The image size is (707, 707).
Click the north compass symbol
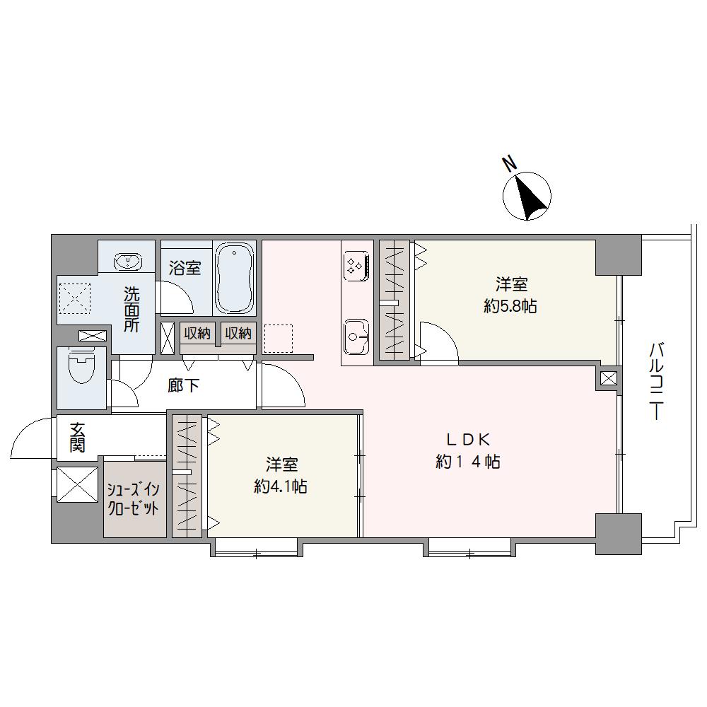[527, 196]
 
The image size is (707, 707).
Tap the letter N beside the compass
[510, 163]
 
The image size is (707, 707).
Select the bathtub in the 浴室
[233, 278]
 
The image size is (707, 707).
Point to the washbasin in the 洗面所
[129, 262]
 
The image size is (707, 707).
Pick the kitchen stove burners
[356, 266]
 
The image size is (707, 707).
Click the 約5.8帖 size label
[510, 307]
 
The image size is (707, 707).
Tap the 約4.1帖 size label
[281, 486]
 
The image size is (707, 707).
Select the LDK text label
[467, 439]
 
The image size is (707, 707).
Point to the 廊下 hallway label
[183, 385]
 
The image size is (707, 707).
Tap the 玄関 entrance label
[78, 437]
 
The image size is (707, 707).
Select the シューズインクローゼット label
[133, 499]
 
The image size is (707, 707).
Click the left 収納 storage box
[197, 334]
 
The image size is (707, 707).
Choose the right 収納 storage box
[238, 334]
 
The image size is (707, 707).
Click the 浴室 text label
[185, 268]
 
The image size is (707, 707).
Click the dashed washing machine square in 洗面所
[74, 298]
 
